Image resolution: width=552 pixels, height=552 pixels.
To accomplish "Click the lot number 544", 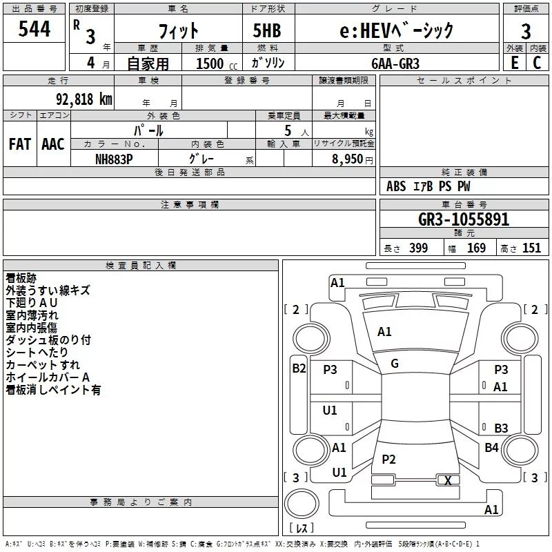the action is (34, 29).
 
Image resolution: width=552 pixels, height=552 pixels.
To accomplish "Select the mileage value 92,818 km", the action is (83, 99).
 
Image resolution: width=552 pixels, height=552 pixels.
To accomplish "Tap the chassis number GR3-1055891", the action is (464, 219).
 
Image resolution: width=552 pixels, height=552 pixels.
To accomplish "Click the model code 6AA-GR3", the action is (395, 63).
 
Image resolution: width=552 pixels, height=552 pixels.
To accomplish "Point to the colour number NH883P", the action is (114, 159).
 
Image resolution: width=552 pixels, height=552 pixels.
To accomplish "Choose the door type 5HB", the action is (267, 30).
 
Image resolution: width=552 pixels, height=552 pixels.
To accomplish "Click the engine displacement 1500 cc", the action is (217, 63).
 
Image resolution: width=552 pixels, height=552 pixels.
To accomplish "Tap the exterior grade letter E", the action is (514, 63).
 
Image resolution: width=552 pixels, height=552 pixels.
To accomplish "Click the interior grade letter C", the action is (537, 63).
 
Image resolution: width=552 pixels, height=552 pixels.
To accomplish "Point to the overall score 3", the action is (526, 32).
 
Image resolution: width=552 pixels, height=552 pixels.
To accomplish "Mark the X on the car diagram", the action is (448, 480).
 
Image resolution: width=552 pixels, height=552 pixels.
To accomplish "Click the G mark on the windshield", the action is (395, 364).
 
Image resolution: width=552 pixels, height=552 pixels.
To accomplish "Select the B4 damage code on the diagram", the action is (491, 447).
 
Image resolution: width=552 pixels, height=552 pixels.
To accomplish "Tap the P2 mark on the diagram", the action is (388, 459).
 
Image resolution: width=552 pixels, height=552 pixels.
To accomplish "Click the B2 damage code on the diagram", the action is (299, 368).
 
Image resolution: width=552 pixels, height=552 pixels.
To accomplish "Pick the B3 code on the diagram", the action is (501, 428).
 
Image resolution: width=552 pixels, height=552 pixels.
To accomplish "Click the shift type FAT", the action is (20, 144).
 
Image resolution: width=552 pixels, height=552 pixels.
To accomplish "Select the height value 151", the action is (531, 248).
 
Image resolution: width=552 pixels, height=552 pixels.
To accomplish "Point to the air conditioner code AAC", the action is (53, 144).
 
